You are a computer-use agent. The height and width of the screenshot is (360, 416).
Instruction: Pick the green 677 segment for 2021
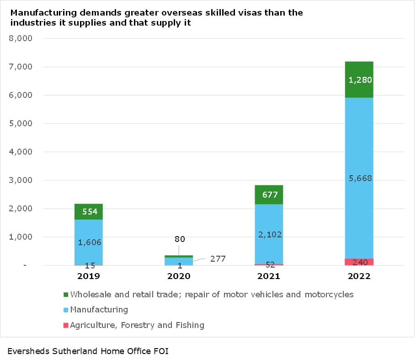(x=269, y=195)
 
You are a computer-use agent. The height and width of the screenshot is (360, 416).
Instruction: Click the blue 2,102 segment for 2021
(x=269, y=234)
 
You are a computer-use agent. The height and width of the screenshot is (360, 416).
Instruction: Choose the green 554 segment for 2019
(x=88, y=212)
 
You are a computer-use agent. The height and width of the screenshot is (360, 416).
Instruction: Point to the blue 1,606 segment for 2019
(x=88, y=242)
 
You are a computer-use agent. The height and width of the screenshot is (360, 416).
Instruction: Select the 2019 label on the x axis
(x=88, y=276)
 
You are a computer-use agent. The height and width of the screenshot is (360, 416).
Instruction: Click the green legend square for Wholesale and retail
(x=66, y=295)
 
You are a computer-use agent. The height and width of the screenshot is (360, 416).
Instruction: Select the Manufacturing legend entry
(x=99, y=310)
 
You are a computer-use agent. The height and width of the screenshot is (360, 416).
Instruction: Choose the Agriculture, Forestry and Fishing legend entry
(x=137, y=325)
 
